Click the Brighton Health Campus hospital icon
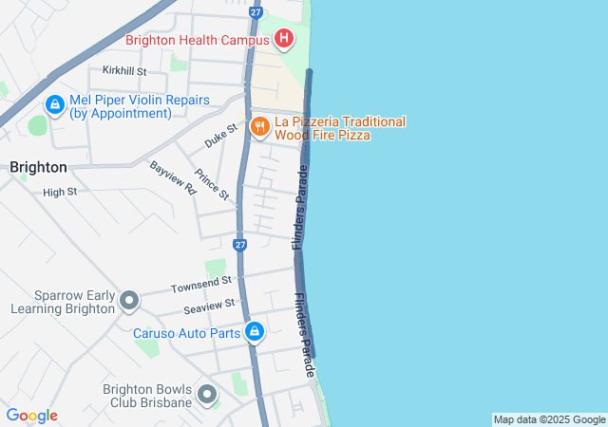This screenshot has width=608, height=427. [x=283, y=39]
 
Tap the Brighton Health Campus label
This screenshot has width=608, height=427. [x=198, y=40]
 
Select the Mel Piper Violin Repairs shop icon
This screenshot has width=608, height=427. [x=54, y=102]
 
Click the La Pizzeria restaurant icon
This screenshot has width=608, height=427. [x=258, y=127]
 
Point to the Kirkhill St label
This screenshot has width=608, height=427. [x=125, y=70]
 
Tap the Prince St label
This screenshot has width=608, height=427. [x=212, y=184]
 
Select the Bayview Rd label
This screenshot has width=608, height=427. [x=172, y=177]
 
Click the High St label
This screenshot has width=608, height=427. [x=59, y=192]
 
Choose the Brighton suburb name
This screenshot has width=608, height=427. [x=38, y=167]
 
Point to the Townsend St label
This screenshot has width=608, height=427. [x=201, y=284]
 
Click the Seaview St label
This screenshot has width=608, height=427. [x=209, y=306]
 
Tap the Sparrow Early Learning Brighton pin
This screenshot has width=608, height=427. [x=129, y=301]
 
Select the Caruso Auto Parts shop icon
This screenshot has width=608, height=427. [x=254, y=332]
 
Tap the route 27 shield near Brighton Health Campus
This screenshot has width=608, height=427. [x=256, y=11]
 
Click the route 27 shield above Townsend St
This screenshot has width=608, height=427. [x=241, y=245]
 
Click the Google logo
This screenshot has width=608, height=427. [x=31, y=416]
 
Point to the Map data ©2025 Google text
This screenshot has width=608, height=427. [x=549, y=419]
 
